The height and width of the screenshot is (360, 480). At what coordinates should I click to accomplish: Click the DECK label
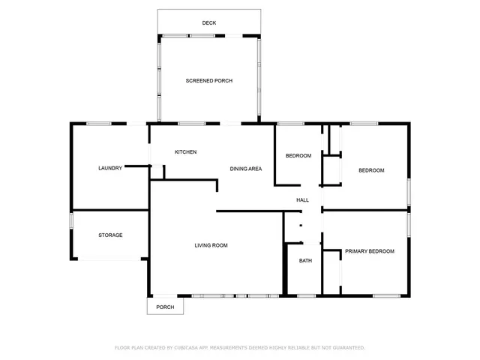coord(209,23)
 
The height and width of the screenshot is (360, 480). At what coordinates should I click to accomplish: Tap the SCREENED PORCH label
coord(209,80)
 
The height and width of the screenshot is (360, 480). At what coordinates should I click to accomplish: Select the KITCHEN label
coord(185,152)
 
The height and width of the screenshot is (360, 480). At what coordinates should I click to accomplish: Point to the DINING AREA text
coord(245,169)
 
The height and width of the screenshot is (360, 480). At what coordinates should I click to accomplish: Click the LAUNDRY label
coord(109,168)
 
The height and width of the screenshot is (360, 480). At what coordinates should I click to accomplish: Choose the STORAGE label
coord(110,235)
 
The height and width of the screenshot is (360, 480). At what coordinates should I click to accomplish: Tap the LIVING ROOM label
coord(211,245)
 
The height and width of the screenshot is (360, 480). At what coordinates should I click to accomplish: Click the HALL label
coord(302,200)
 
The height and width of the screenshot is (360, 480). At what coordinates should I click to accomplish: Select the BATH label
coord(305,261)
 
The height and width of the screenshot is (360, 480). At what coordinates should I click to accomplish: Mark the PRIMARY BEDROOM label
coord(369,251)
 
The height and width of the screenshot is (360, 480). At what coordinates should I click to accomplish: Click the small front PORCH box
coord(165,307)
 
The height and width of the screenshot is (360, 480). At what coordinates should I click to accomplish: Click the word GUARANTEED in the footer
coord(346,348)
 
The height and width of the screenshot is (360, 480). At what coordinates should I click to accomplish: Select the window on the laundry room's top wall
coord(99,123)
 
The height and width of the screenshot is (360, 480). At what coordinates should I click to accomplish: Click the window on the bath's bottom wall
coord(305,296)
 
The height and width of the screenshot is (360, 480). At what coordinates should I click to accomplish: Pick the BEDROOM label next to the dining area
coord(298,156)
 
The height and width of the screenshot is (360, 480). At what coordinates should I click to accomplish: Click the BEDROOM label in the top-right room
coord(370,171)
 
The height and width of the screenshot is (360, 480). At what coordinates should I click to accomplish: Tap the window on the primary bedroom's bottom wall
coord(386,296)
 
